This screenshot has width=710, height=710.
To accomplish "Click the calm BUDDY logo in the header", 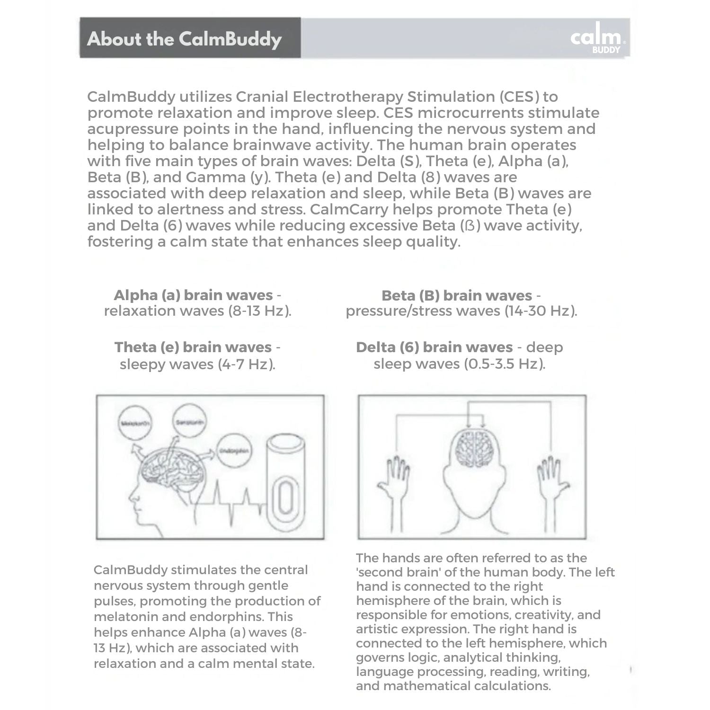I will tap(598, 38).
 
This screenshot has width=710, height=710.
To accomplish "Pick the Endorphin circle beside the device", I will tap(234, 450).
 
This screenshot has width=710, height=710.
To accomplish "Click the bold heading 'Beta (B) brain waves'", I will tap(456, 295).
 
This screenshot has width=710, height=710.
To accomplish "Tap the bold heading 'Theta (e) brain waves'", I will tap(193, 347).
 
